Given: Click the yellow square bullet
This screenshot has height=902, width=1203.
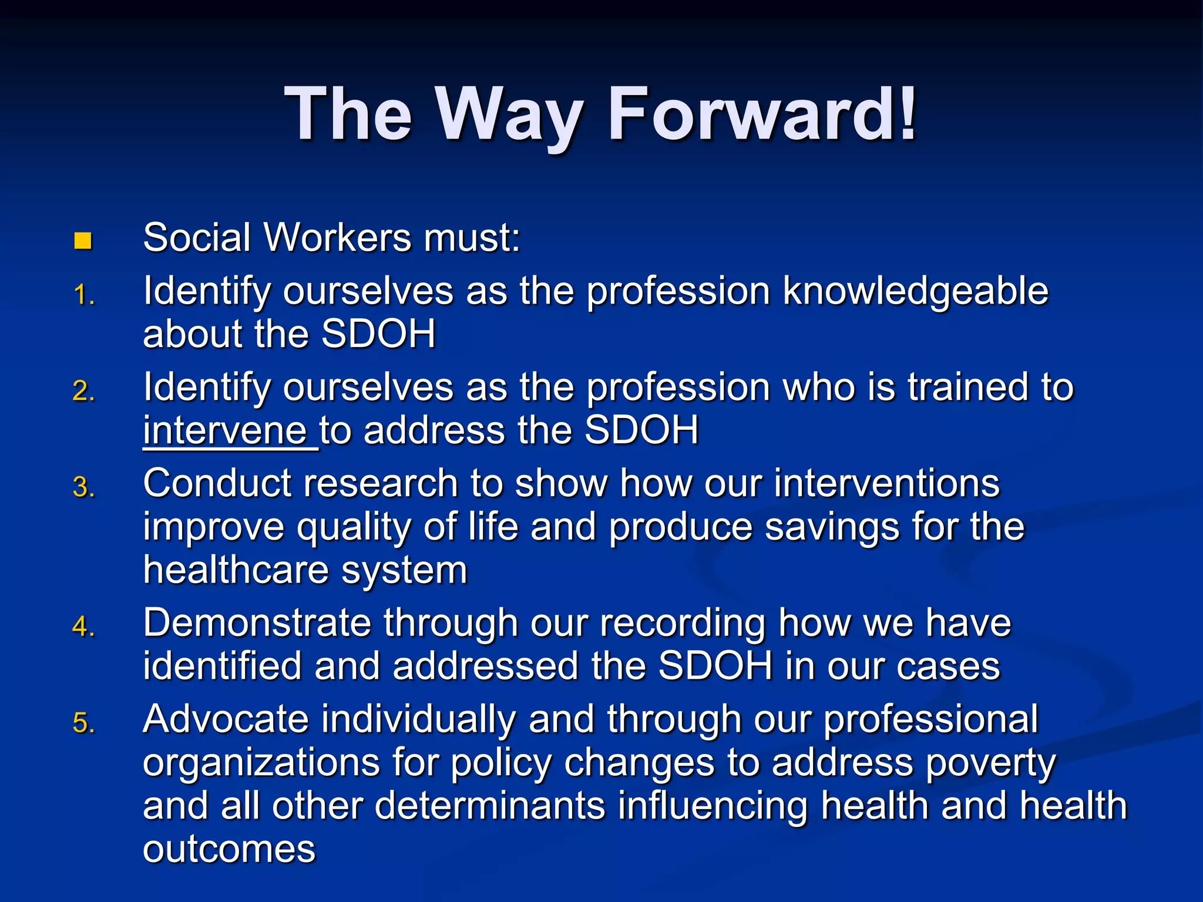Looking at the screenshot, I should coord(83,241).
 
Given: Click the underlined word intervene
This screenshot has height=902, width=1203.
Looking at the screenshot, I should coord(225,430).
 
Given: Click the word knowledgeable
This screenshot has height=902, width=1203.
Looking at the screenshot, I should coord(916,292).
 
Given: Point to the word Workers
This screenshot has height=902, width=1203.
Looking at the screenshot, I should coord(338,238).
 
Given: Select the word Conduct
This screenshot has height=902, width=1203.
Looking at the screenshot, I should coord(217,484).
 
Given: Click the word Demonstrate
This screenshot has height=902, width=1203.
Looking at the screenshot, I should coord(257,623).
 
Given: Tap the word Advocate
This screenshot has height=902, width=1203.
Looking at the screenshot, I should coord(226,719).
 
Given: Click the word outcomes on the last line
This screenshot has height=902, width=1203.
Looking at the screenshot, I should coord(229,849).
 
